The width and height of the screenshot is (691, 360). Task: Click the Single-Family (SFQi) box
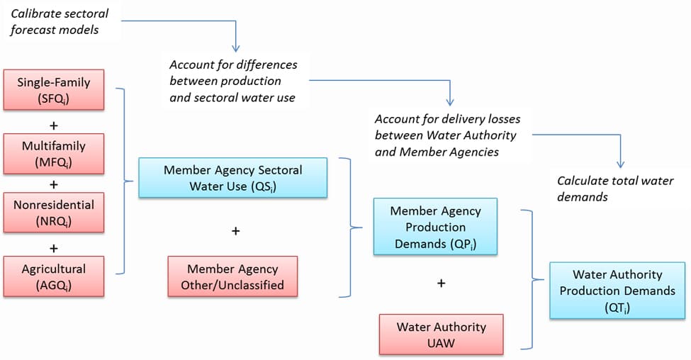(55, 91)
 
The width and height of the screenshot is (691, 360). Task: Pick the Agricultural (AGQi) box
(55, 276)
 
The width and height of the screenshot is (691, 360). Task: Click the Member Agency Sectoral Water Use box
(232, 178)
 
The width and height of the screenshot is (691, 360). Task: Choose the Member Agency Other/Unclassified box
(232, 277)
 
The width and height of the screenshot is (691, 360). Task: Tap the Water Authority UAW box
(441, 334)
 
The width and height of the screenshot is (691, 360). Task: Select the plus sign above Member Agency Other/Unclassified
(236, 231)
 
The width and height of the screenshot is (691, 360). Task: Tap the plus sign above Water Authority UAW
(441, 283)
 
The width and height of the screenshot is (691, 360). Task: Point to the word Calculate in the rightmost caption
(582, 181)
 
